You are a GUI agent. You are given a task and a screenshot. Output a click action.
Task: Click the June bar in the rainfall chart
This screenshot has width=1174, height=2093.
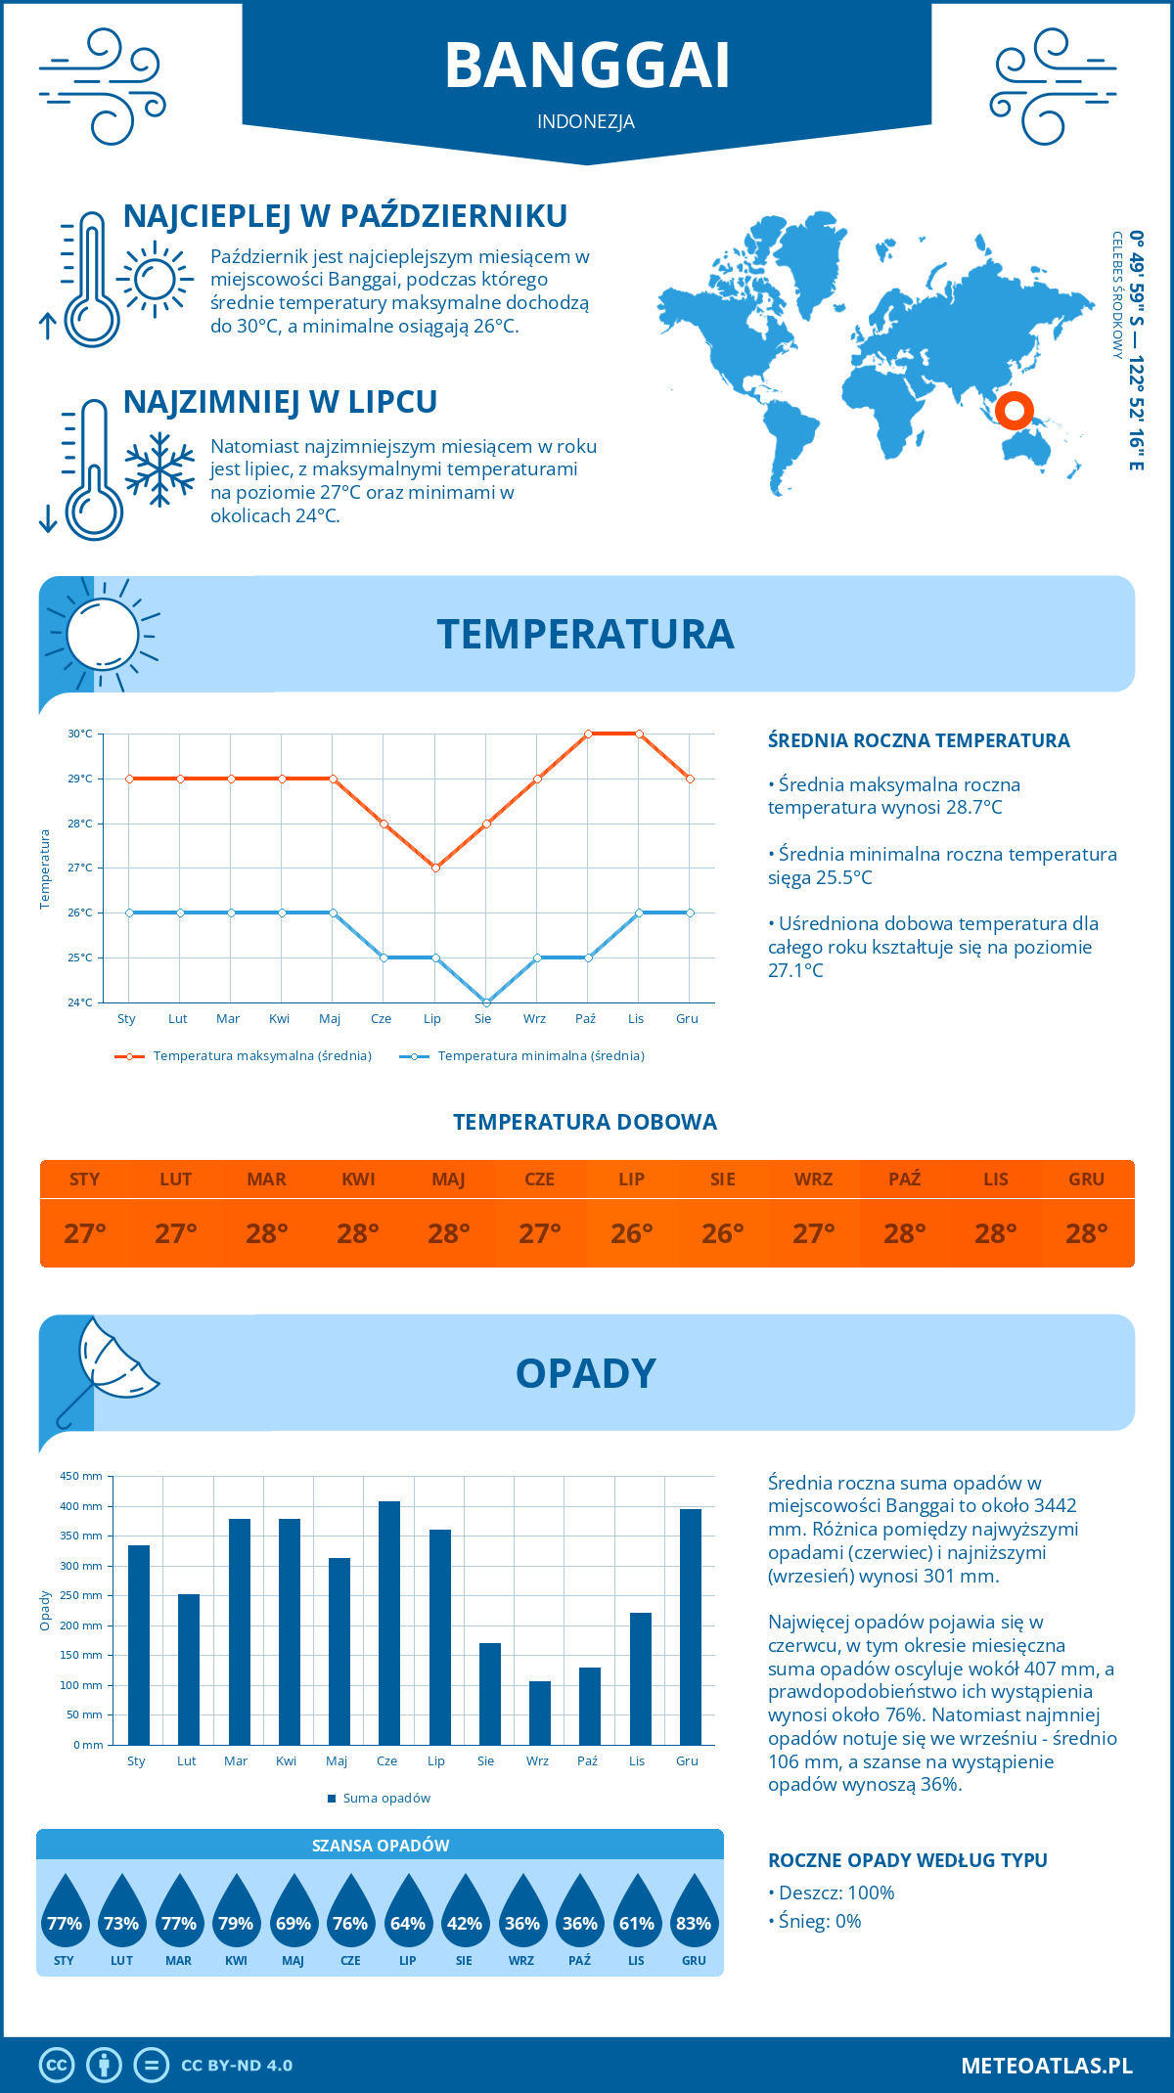[389, 1624]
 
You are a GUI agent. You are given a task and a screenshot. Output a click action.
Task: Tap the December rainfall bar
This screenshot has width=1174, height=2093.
[691, 1626]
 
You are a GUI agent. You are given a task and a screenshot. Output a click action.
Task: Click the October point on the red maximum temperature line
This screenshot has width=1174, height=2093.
[588, 734]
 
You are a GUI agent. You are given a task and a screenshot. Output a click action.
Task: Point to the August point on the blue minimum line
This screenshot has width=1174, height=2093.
[486, 1002]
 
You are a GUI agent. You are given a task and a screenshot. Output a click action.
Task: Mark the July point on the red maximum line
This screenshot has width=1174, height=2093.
[435, 868]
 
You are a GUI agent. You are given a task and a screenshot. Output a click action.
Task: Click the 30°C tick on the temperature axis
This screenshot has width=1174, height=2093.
[80, 734]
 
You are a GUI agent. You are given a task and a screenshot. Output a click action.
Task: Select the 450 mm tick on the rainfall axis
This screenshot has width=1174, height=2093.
[82, 1476]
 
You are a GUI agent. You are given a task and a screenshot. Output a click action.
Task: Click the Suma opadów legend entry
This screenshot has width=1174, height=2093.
[386, 1799]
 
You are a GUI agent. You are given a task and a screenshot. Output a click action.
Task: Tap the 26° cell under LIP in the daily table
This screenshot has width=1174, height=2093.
[631, 1233]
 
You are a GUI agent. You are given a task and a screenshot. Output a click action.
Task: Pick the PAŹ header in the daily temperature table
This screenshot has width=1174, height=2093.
[904, 1180]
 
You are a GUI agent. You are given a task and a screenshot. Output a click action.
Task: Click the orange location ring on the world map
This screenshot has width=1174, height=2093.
[1015, 411]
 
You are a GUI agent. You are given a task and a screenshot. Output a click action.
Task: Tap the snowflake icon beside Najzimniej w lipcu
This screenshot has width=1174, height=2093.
[159, 469]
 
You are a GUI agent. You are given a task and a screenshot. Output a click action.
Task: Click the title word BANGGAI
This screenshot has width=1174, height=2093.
[587, 67]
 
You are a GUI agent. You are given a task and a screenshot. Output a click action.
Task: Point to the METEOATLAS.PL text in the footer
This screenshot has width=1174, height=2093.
[1046, 2066]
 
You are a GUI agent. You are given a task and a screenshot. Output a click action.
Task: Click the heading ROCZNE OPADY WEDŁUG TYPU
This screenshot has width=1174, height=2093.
[907, 1860]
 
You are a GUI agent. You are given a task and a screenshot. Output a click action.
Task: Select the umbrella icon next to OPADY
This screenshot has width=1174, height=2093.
[110, 1366]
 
